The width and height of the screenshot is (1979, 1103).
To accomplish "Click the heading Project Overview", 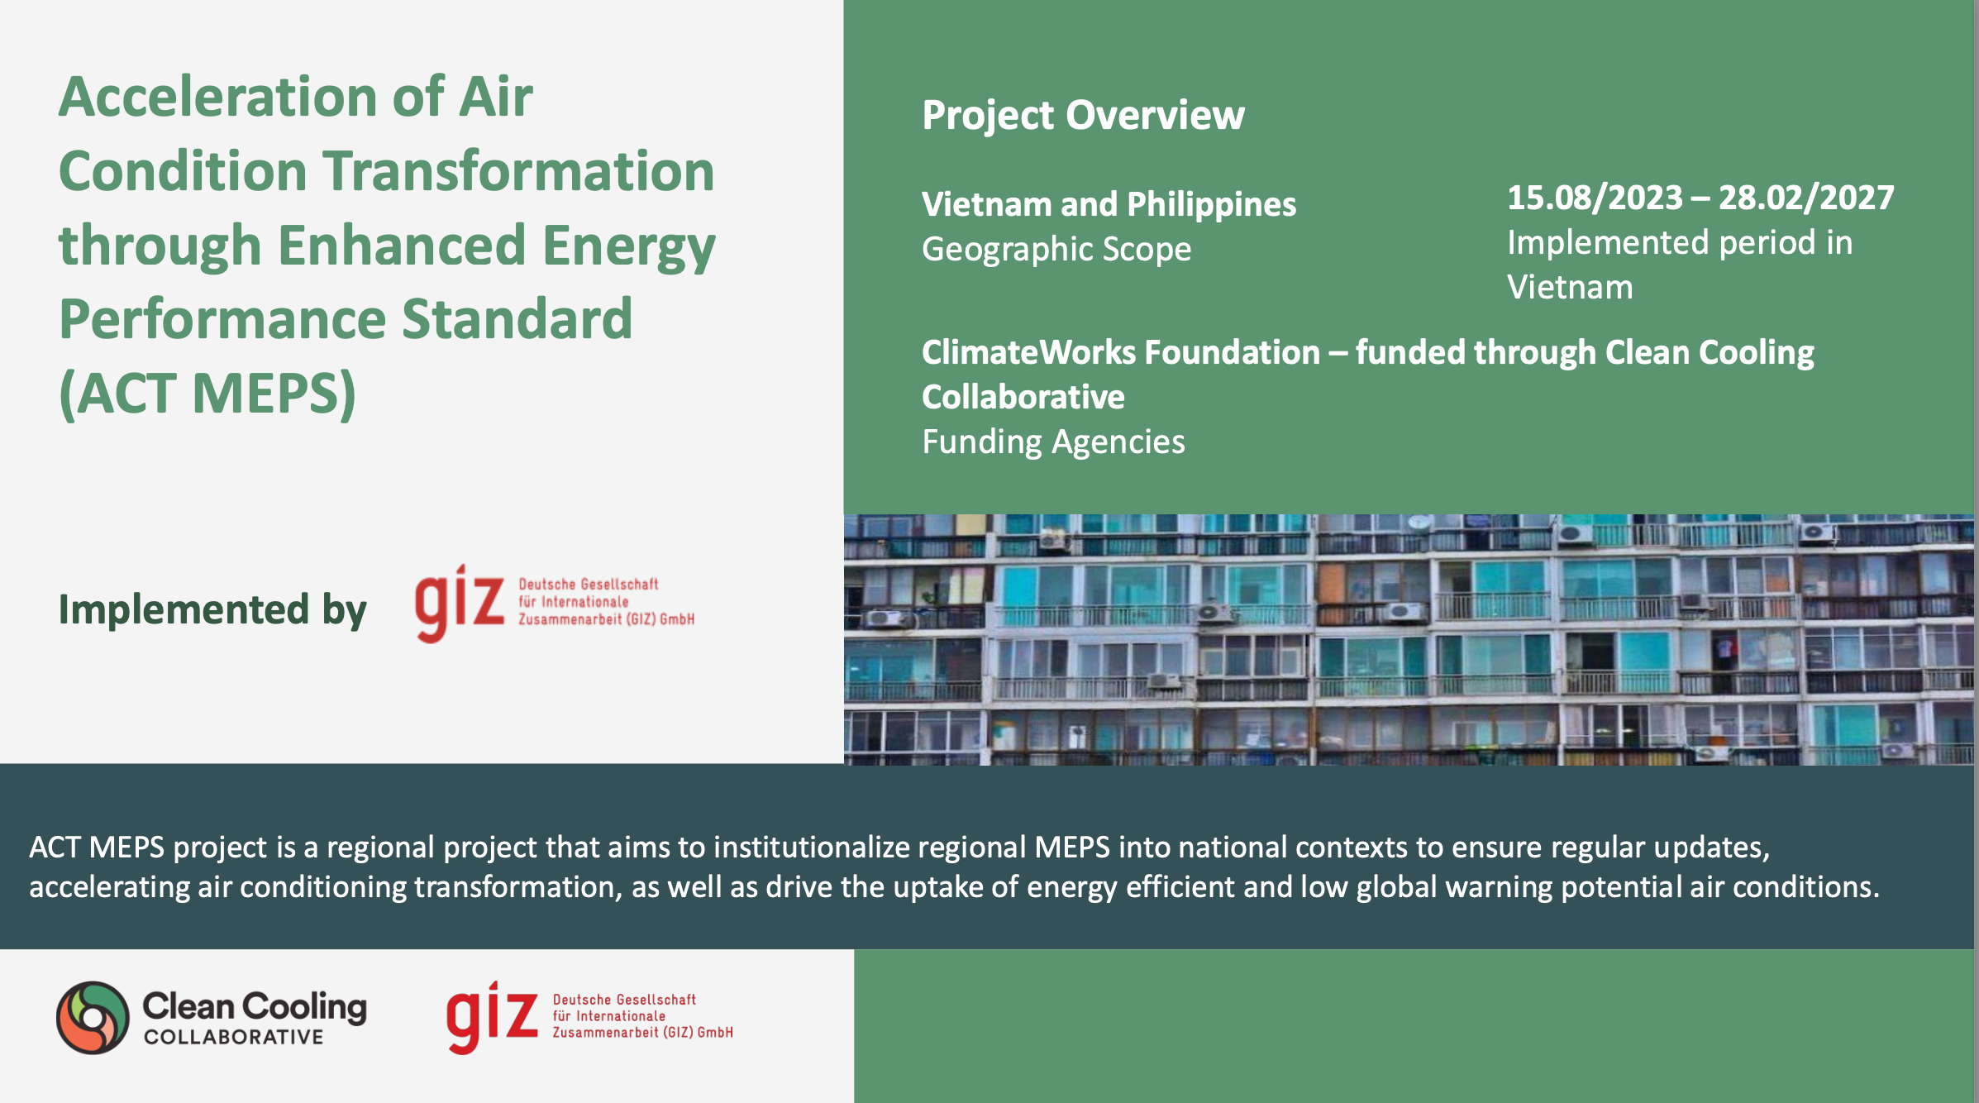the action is click(1083, 115).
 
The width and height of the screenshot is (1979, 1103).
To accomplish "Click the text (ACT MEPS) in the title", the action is click(207, 393).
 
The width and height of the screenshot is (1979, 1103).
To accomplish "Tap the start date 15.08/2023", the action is click(1595, 198).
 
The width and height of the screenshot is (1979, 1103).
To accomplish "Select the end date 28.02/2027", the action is click(1806, 198).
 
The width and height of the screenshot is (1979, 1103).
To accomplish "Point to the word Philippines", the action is click(1211, 205).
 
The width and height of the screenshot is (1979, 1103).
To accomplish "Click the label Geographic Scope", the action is click(1056, 250).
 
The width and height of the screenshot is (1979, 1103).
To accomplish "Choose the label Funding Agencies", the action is click(1053, 442).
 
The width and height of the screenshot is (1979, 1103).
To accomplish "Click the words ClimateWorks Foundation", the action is click(1121, 352).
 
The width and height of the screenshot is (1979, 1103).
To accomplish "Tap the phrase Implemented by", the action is click(212, 610).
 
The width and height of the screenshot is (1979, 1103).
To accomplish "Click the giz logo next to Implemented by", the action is click(554, 604).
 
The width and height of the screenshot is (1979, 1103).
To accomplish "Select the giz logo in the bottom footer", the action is click(589, 1017).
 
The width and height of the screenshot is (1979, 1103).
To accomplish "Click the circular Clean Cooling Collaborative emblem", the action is click(93, 1018).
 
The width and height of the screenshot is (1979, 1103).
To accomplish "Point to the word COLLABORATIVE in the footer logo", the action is click(234, 1037).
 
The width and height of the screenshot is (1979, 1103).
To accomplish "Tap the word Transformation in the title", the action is click(519, 171).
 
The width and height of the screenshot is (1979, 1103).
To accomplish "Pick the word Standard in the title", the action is click(517, 319).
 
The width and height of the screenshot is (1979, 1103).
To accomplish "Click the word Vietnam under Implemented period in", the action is click(1570, 288).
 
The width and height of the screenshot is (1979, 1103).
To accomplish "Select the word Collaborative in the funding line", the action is click(1023, 398).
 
